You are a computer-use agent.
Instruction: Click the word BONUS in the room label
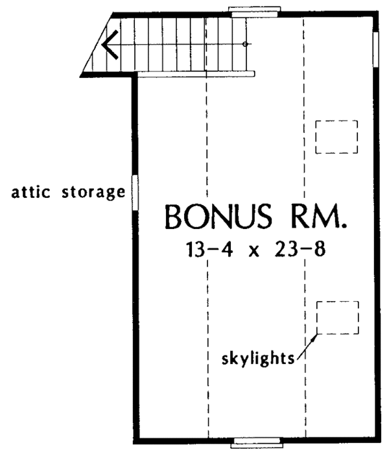[218, 217]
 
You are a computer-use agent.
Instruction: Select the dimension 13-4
[209, 250]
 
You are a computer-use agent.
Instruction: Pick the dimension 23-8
[300, 250]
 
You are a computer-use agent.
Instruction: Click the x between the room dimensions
[254, 252]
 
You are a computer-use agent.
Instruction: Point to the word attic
[30, 192]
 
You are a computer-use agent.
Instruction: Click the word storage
[93, 193]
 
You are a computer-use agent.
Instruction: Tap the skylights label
[258, 358]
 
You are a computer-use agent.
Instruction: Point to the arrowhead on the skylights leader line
[314, 337]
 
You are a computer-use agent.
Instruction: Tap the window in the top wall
[254, 12]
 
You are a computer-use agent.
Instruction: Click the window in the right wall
[376, 49]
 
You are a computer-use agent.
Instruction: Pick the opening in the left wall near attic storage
[135, 193]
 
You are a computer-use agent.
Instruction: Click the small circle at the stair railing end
[245, 44]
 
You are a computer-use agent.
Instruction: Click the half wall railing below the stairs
[196, 74]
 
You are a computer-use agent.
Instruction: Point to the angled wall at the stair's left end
[97, 45]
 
